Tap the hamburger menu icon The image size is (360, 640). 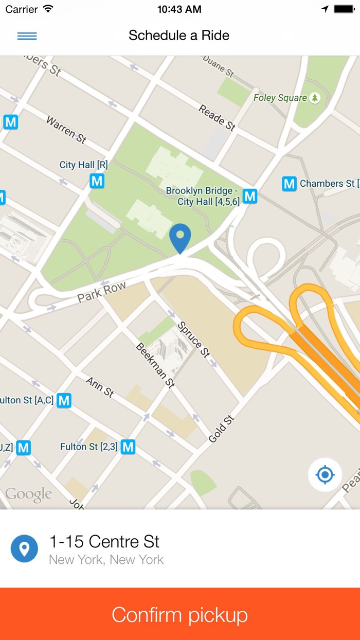(27, 36)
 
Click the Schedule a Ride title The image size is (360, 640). (179, 35)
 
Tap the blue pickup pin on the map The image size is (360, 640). (180, 238)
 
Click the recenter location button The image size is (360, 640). (325, 474)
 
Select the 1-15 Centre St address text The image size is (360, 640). (104, 542)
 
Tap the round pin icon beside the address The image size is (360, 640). (24, 548)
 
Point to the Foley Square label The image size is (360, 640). (280, 98)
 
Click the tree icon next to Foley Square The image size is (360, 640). (315, 98)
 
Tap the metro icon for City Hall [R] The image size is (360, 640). (97, 181)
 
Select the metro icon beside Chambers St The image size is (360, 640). (290, 184)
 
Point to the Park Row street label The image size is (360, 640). (102, 292)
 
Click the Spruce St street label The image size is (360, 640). (194, 340)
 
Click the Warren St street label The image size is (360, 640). (66, 129)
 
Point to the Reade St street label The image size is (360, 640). (217, 118)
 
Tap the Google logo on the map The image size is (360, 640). (29, 495)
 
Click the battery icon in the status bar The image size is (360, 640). (344, 9)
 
